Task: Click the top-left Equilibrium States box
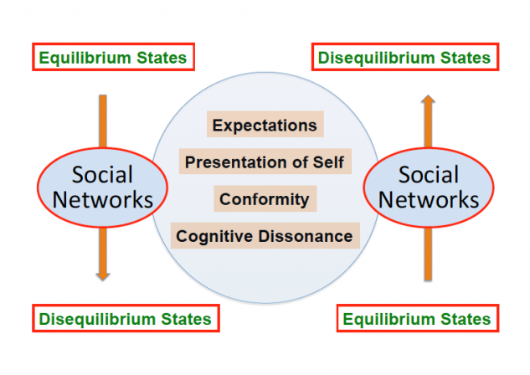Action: pos(113,57)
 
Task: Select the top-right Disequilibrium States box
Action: pos(405,57)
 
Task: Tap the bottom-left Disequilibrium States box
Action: pos(126,318)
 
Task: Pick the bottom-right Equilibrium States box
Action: pos(418,318)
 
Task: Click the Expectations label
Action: pos(265,125)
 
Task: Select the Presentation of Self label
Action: pos(265,162)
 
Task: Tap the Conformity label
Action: pos(265,198)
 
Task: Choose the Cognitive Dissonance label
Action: pos(265,236)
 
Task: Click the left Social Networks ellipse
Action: pos(102,187)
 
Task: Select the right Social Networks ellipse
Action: pos(429,187)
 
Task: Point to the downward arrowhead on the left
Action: pos(103,275)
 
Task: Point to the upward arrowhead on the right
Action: pos(428,100)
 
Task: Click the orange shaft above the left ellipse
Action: pos(103,121)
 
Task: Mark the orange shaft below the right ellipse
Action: pos(428,254)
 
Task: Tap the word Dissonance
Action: pos(306,236)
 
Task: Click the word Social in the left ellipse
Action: pos(102,175)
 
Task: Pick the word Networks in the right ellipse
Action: pos(429,200)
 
